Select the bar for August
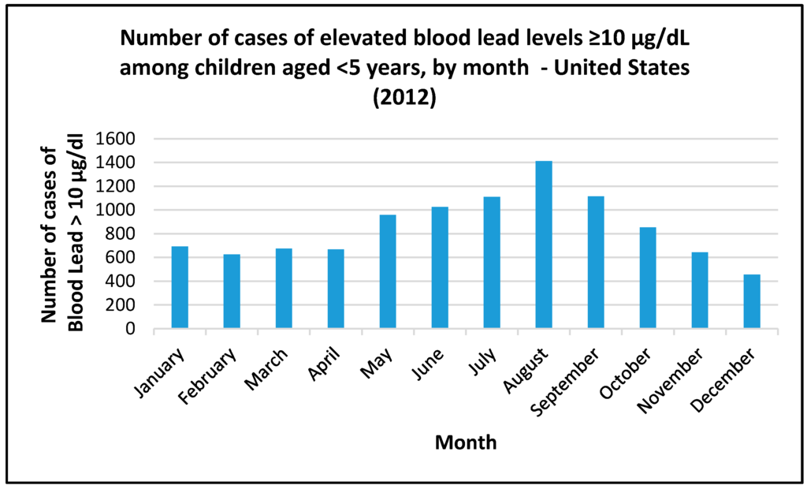pyautogui.click(x=544, y=244)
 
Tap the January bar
pyautogui.click(x=180, y=287)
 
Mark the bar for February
pyautogui.click(x=232, y=291)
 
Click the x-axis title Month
pyautogui.click(x=466, y=442)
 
